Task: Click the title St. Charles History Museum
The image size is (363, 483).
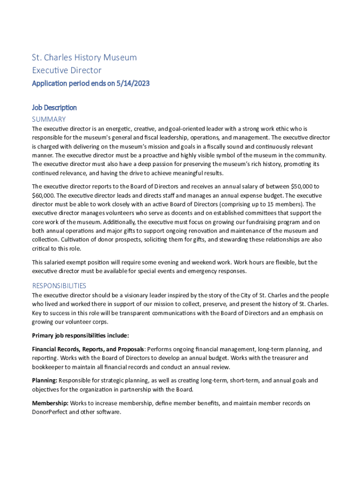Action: tap(84, 58)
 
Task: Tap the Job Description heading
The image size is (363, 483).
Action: tap(54, 108)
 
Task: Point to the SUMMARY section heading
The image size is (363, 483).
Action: tap(49, 119)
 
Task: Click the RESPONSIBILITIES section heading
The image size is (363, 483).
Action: tap(59, 285)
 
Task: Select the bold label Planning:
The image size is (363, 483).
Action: tap(44, 380)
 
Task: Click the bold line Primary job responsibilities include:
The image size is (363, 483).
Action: tap(80, 336)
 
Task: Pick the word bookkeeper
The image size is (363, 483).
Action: tap(49, 367)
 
